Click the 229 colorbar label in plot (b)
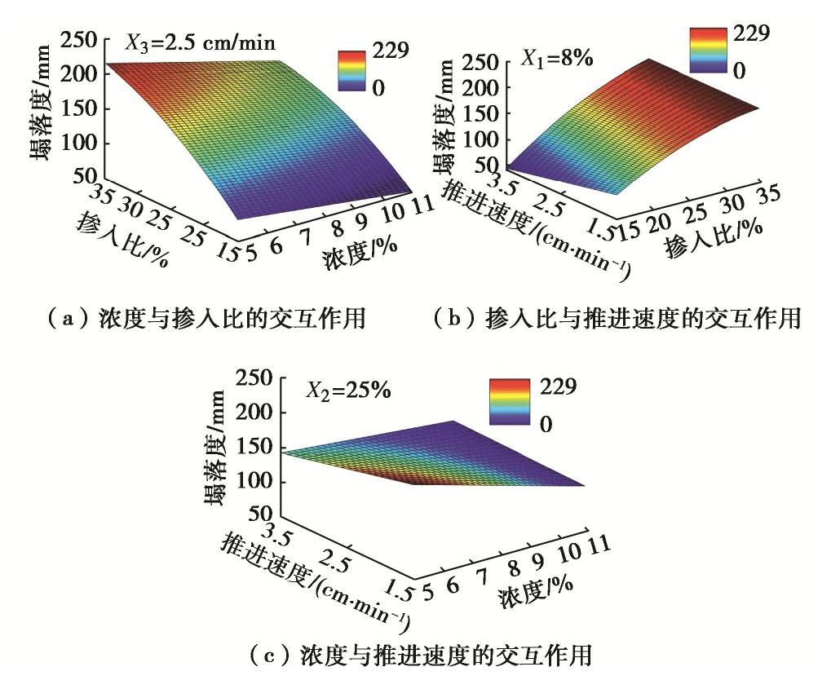753,33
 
